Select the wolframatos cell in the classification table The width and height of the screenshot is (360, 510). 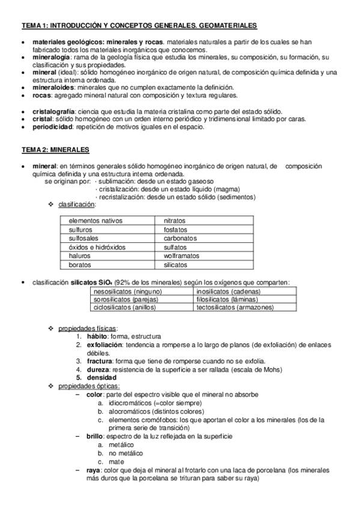182,256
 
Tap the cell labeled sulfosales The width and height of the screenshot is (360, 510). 85,238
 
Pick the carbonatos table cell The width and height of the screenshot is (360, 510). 180,238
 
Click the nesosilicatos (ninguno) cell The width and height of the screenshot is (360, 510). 128,292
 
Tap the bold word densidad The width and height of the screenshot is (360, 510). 103,376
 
